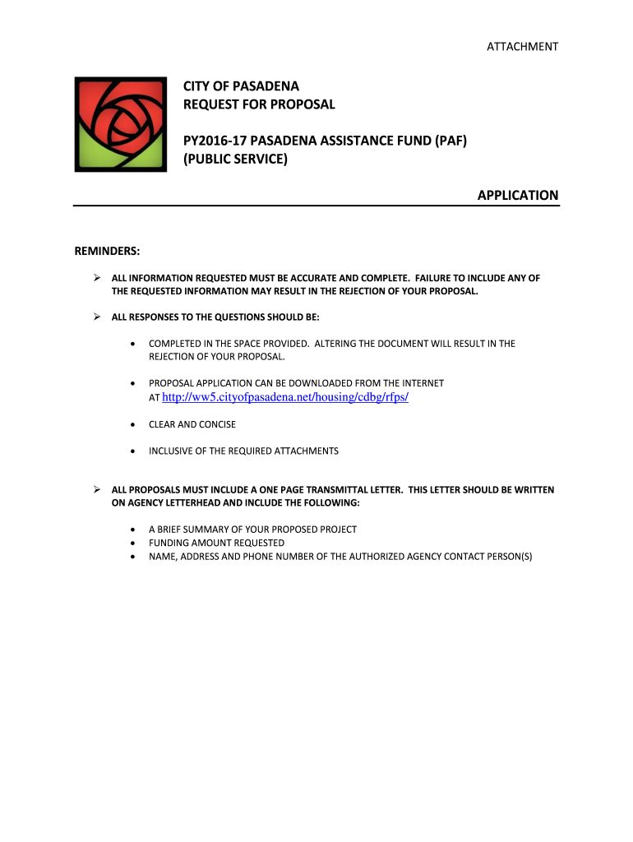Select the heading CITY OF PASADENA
[241, 86]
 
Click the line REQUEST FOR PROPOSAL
[259, 104]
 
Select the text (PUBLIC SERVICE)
[235, 159]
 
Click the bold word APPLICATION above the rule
[518, 196]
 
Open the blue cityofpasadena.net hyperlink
[285, 397]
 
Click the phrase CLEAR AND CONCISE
[192, 424]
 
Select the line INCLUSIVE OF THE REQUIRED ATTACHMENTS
[243, 451]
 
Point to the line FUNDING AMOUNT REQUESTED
[216, 543]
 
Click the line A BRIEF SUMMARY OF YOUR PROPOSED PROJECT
[252, 530]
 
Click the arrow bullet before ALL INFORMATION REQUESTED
[95, 278]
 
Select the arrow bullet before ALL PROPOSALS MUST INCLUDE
[95, 489]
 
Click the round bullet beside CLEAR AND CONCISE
[132, 424]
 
